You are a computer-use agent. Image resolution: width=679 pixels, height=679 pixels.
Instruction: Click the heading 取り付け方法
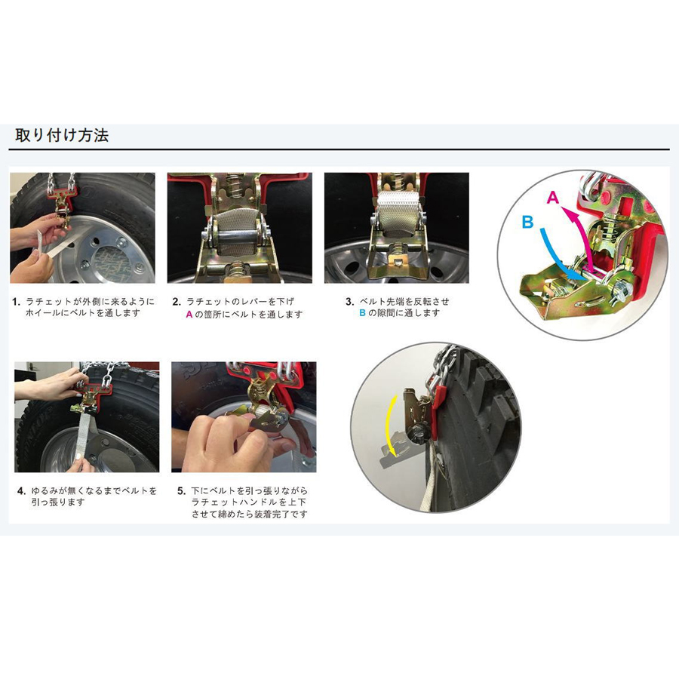(62, 135)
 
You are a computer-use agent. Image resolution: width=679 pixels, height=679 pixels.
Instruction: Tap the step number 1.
(17, 302)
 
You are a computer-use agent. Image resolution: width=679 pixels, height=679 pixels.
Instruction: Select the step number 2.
(177, 302)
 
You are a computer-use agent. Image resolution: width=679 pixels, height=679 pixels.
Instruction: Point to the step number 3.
(350, 302)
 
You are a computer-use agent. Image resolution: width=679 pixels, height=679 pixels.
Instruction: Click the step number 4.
(22, 491)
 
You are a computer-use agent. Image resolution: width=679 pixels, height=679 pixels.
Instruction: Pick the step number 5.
(181, 491)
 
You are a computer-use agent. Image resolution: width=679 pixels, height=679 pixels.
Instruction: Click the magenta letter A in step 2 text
(189, 315)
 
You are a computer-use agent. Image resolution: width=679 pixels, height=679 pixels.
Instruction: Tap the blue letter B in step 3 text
(362, 313)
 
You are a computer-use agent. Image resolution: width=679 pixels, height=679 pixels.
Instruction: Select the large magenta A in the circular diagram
(553, 198)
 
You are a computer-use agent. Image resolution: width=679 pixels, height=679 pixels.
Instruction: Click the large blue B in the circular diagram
(527, 222)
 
